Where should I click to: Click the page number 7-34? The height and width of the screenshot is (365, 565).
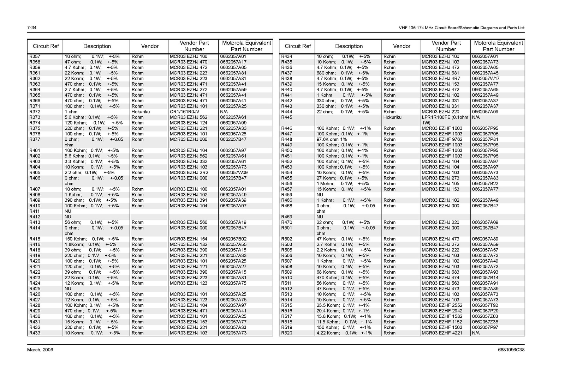pyautogui.click(x=32, y=28)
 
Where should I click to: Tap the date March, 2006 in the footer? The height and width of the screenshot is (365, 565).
pyautogui.click(x=40, y=350)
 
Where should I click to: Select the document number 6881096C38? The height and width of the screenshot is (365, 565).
pyautogui.click(x=511, y=350)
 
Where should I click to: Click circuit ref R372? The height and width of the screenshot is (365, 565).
pyautogui.click(x=35, y=112)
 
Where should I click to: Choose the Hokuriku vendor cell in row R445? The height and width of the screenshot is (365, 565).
pyautogui.click(x=392, y=117)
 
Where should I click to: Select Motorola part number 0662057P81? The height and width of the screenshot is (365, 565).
pyautogui.click(x=485, y=139)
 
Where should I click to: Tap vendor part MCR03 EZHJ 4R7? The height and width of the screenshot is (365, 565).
pyautogui.click(x=440, y=79)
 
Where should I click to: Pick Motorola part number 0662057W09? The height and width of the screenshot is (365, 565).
pyautogui.click(x=234, y=173)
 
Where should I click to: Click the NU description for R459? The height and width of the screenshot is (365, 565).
pyautogui.click(x=320, y=195)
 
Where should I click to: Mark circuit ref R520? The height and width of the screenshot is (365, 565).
pyautogui.click(x=286, y=333)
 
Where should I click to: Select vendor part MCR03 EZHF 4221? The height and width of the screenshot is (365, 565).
pyautogui.click(x=442, y=333)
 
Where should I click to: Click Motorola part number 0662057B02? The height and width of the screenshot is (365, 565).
pyautogui.click(x=233, y=239)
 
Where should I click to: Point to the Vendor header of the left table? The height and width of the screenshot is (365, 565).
pyautogui.click(x=150, y=46)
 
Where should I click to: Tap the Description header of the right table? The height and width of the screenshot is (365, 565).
pyautogui.click(x=349, y=46)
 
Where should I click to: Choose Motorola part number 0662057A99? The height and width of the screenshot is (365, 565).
pyautogui.click(x=233, y=123)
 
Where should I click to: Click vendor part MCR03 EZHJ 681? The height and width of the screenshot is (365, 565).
pyautogui.click(x=440, y=73)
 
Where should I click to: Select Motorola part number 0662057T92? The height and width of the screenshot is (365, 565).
pyautogui.click(x=485, y=305)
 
